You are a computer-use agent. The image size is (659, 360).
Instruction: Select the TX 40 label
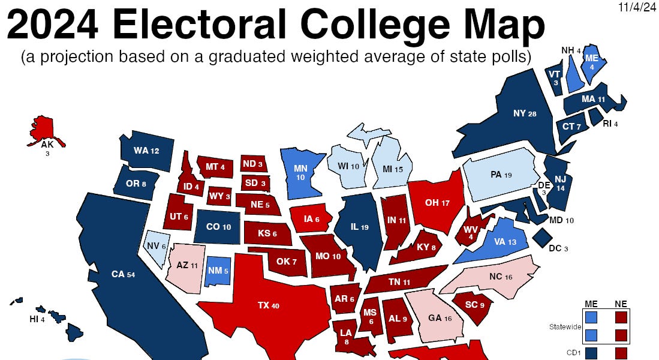pos(268,305)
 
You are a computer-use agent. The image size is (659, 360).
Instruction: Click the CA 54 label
pos(122,274)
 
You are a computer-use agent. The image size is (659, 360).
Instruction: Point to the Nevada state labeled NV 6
pos(155,246)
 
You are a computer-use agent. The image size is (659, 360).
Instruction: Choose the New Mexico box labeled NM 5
pos(218,271)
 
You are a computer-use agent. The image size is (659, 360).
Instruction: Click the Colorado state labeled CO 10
pos(218,227)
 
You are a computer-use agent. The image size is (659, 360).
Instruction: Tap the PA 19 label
pos(500,175)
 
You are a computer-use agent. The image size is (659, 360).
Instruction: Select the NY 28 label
pos(524,113)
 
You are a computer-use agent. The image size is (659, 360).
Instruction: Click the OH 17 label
pos(437,203)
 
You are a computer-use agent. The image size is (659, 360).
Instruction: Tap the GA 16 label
pos(439,319)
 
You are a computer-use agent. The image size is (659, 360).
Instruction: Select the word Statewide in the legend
pos(564,327)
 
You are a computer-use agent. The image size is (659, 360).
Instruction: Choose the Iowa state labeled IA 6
pos(311,219)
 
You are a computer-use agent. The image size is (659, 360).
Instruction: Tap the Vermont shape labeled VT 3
pos(555,78)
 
